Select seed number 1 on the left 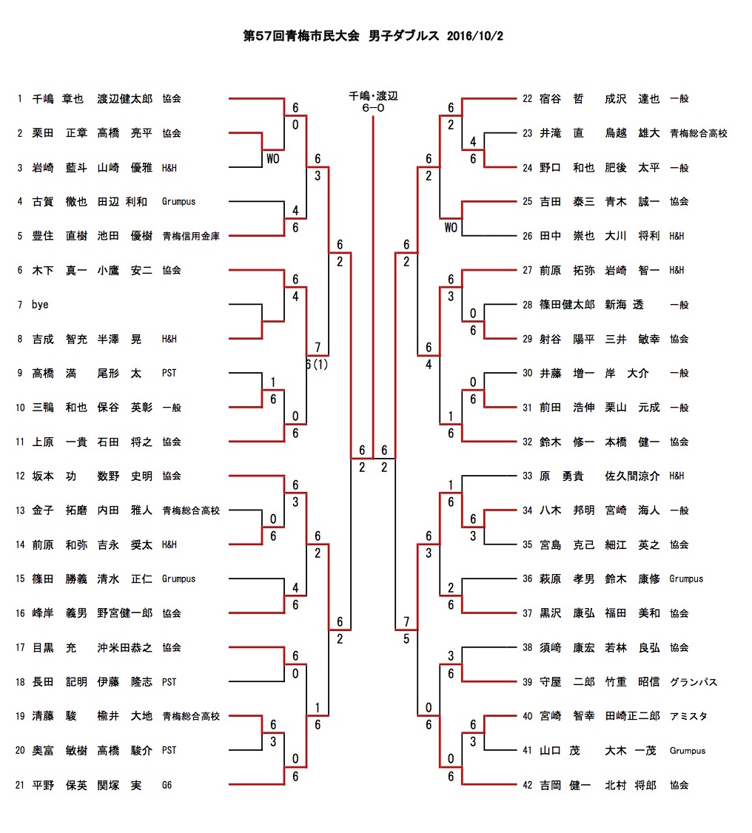(19, 98)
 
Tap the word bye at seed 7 (40, 305)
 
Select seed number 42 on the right (527, 785)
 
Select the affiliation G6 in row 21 (167, 785)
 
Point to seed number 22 (527, 98)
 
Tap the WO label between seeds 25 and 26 (451, 227)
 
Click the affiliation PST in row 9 (169, 374)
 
